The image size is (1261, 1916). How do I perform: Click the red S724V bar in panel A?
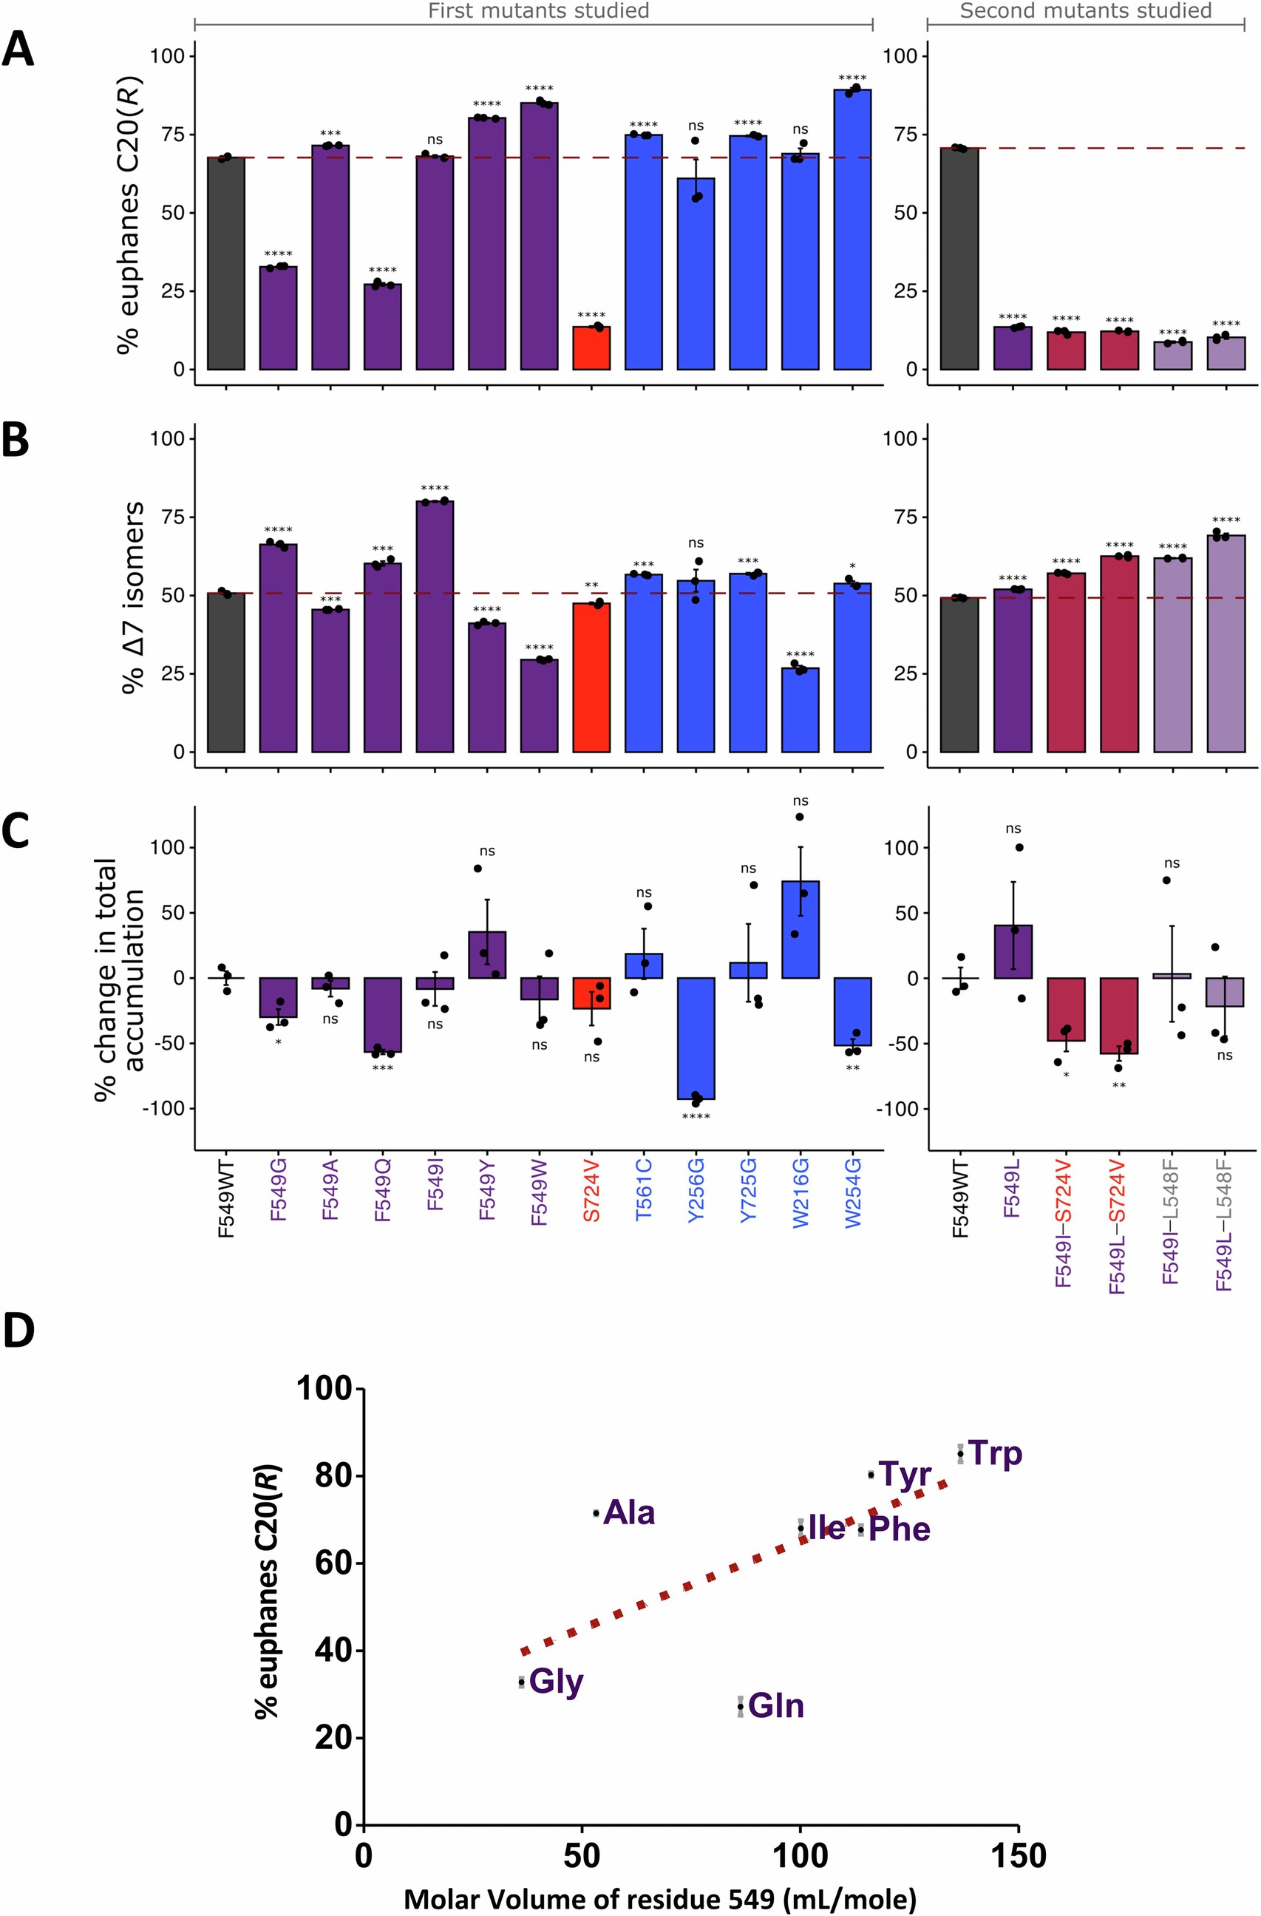tap(591, 347)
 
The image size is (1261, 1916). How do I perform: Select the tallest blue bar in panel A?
tap(852, 229)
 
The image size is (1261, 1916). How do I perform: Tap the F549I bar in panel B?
tap(435, 625)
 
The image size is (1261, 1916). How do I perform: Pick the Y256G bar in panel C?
tap(696, 1038)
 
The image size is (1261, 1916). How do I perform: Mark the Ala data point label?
tap(628, 1512)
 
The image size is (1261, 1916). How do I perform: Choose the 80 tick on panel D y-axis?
tap(333, 1475)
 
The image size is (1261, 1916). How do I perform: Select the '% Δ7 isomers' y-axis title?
tap(134, 597)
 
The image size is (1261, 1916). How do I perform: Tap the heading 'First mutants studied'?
tap(538, 10)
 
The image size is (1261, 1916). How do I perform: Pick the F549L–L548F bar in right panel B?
tap(1226, 643)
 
